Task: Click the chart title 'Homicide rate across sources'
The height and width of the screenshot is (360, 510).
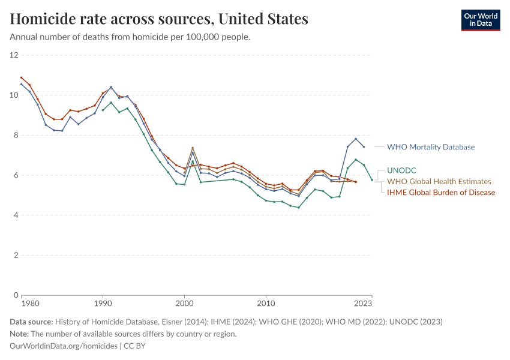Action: click(x=159, y=19)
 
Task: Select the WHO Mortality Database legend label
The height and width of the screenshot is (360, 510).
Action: click(x=430, y=146)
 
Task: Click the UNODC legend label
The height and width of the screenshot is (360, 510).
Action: click(x=401, y=170)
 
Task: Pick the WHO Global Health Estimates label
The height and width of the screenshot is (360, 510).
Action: click(x=439, y=181)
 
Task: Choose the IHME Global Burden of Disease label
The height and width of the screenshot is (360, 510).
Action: click(x=441, y=193)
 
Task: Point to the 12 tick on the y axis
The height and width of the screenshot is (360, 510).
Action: click(x=14, y=55)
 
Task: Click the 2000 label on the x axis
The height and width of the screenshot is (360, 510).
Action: click(x=184, y=304)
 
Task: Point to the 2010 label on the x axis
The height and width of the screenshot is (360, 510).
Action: click(x=266, y=304)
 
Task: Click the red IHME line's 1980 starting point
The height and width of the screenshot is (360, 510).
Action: click(x=22, y=77)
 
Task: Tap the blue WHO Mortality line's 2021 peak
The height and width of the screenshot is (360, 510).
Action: click(x=356, y=139)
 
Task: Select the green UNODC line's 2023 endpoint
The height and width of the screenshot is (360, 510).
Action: click(x=372, y=179)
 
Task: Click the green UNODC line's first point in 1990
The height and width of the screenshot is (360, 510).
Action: click(x=103, y=110)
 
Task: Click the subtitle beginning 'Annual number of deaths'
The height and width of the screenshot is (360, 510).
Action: click(x=130, y=37)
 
